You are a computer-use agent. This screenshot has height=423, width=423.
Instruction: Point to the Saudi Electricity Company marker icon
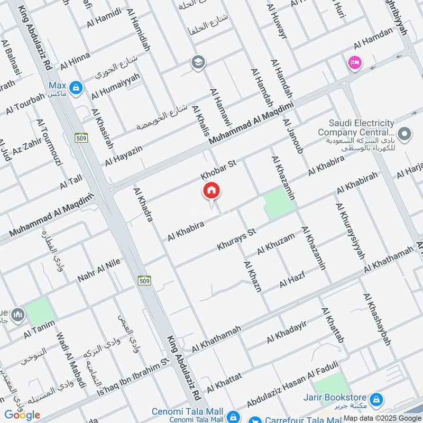tap(405, 134)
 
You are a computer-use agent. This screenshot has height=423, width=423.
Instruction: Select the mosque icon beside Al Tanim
tap(17, 315)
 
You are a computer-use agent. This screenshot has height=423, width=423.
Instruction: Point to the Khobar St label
tap(217, 170)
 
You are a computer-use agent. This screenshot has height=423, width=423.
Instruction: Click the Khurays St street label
tap(236, 240)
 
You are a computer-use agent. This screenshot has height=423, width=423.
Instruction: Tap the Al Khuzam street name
tap(276, 244)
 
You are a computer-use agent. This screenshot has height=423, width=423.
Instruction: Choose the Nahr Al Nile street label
tap(99, 270)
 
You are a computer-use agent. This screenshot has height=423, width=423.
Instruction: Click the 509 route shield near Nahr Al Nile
tap(144, 279)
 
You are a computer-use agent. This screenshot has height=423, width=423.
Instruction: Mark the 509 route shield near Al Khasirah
tap(81, 137)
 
